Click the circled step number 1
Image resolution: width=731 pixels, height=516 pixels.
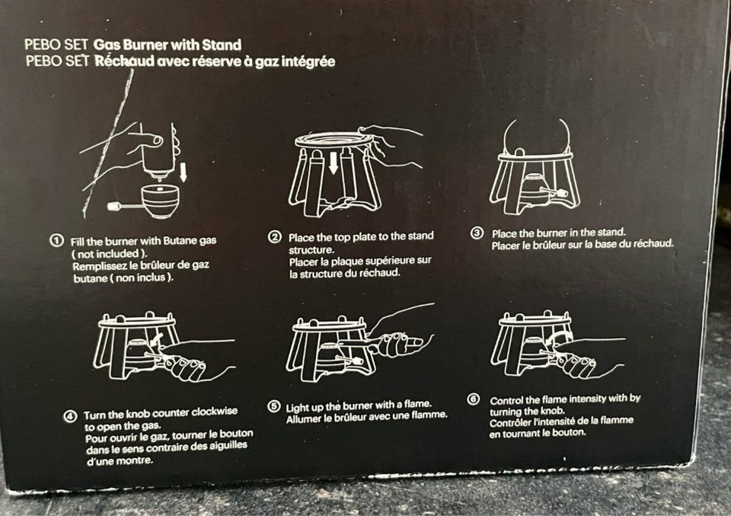[56, 241]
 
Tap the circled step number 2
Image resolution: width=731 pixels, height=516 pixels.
[275, 237]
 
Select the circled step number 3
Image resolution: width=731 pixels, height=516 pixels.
[477, 232]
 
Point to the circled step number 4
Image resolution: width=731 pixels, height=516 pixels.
[70, 416]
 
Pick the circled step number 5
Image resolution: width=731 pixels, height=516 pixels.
[273, 406]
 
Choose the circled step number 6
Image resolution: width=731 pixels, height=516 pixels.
[473, 399]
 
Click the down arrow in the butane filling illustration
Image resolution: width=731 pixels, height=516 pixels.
[184, 171]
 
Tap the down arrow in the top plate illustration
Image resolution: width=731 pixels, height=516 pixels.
[334, 164]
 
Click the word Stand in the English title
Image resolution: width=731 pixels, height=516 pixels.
[222, 45]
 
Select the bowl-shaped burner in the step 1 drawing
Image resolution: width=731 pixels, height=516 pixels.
[160, 201]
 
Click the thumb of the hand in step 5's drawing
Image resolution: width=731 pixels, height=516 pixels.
[414, 342]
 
